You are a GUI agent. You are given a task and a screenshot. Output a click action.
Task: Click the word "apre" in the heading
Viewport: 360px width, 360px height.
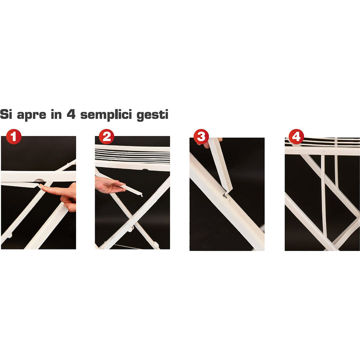[x=31, y=115]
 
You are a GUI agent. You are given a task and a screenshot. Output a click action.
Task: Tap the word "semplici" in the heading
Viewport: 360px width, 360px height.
[x=106, y=115]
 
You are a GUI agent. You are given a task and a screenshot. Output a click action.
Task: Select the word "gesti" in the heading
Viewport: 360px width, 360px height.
[x=152, y=115]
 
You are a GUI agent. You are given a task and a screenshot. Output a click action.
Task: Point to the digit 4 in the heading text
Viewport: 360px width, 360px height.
[x=71, y=114]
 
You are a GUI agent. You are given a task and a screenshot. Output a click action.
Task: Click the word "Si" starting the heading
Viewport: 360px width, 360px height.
[x=6, y=114]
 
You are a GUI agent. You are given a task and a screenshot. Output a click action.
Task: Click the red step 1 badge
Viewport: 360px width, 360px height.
[x=14, y=136]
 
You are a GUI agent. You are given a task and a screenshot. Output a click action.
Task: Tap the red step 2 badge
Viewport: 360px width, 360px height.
[x=106, y=136]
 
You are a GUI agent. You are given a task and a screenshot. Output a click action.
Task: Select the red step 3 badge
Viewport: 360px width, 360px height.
[x=201, y=136]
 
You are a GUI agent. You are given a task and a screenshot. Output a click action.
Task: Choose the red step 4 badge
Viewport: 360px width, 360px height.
[x=296, y=136]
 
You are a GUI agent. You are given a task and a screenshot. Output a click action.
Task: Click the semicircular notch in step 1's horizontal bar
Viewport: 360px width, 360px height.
[x=39, y=180]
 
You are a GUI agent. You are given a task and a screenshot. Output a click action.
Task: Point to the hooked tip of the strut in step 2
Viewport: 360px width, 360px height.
[x=141, y=195]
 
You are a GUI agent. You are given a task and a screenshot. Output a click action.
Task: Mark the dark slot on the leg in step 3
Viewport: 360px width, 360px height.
[x=224, y=196]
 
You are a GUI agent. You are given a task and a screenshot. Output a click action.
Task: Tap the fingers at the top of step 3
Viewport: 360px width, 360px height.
[x=213, y=142]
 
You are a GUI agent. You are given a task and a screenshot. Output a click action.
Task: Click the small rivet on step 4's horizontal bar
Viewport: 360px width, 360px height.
[x=323, y=152]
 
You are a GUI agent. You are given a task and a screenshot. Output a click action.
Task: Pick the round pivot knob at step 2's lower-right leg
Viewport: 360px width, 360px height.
[x=156, y=245]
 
